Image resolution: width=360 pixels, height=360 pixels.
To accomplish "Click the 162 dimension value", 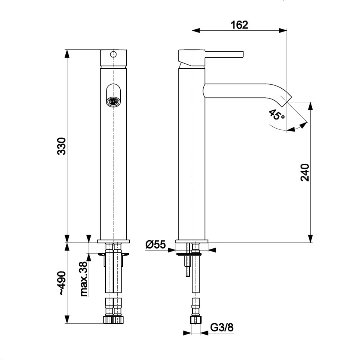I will pos(239,25).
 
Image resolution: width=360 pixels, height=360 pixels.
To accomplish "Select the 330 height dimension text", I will pos(62,146).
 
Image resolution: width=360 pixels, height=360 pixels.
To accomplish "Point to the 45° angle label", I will pos(277,115).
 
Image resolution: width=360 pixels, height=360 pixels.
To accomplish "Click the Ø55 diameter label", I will pos(156,245).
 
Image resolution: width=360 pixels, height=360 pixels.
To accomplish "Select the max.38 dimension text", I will pos(85,279).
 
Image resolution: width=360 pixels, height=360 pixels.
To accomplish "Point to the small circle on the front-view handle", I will pos(113,54).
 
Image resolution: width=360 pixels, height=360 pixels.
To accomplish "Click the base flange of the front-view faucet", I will pos(113,241).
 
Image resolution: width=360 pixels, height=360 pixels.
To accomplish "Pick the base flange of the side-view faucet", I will pos(192,241).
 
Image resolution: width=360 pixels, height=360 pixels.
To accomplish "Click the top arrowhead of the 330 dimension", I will pos(67,53).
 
